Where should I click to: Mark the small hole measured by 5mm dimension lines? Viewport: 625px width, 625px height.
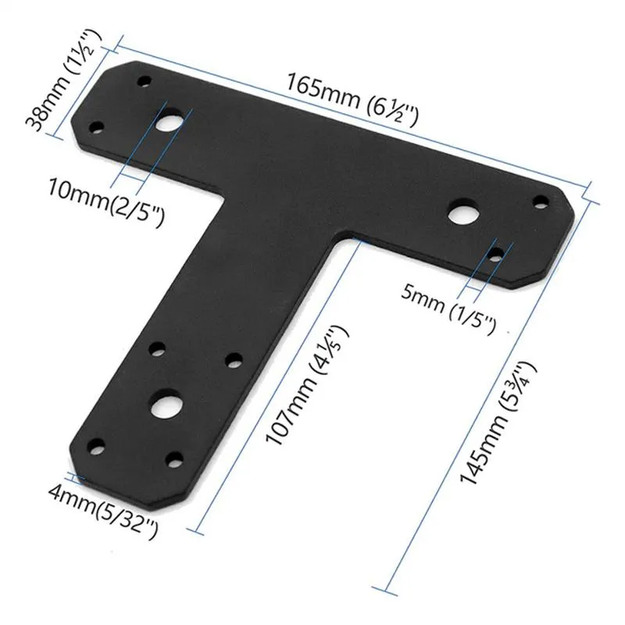pyautogui.click(x=497, y=252)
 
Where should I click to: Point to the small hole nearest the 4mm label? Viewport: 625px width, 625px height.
pyautogui.click(x=97, y=448)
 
